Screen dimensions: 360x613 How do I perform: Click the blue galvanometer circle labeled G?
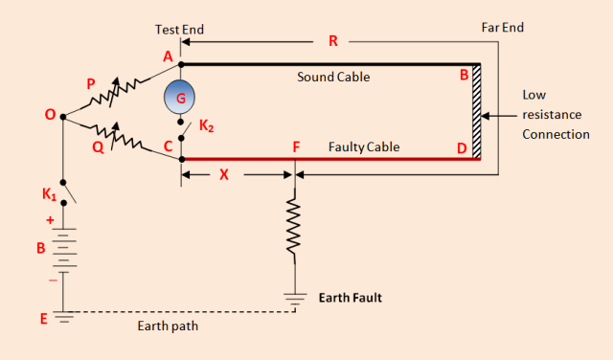click(x=179, y=96)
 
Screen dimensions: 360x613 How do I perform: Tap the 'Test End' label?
click(x=179, y=30)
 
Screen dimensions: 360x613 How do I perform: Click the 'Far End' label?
click(x=502, y=28)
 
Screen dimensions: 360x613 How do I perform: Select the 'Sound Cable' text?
click(x=333, y=76)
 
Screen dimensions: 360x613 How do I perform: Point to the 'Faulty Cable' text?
click(x=363, y=147)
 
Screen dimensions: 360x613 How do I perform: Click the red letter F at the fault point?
click(x=297, y=147)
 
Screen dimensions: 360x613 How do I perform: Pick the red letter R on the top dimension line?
click(x=332, y=41)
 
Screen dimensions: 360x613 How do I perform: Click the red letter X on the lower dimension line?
click(x=225, y=176)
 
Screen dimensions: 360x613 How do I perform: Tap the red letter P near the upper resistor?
click(x=91, y=83)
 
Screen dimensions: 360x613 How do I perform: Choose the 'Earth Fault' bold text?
click(x=351, y=298)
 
